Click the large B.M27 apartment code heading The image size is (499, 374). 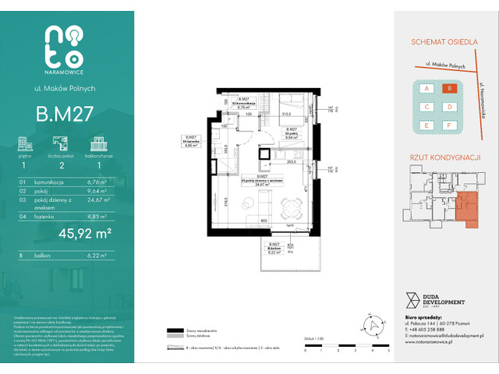point(65,114)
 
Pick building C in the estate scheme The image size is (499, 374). point(426,107)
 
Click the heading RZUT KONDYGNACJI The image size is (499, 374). point(441,157)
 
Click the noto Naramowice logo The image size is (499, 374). point(65,48)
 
